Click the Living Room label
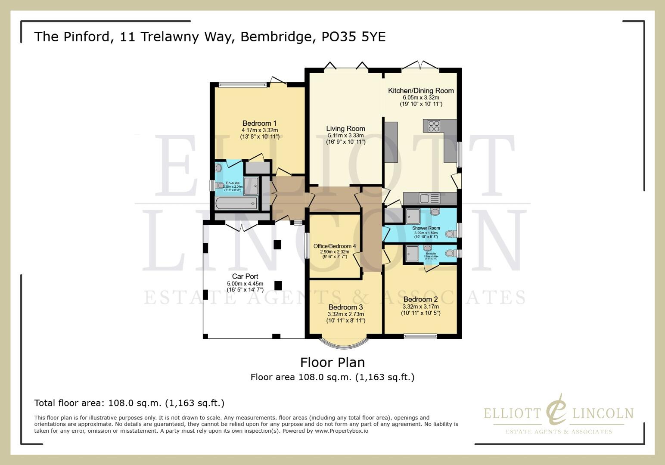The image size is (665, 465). click(345, 128)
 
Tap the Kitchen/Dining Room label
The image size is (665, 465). click(421, 90)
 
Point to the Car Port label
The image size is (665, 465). click(245, 276)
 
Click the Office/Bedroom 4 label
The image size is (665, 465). click(335, 246)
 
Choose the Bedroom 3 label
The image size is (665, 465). click(345, 307)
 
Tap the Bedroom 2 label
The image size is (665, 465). click(420, 299)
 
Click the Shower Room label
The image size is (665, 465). click(426, 228)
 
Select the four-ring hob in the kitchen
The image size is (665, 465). click(434, 126)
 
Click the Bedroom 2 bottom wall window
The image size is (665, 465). click(420, 336)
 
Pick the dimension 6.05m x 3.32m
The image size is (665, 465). click(421, 98)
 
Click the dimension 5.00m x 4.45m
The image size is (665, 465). click(245, 284)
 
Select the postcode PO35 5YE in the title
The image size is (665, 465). click(353, 37)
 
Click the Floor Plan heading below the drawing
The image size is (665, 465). click(332, 362)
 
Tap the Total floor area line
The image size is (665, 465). click(129, 403)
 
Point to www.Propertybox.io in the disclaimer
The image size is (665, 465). click(341, 431)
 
